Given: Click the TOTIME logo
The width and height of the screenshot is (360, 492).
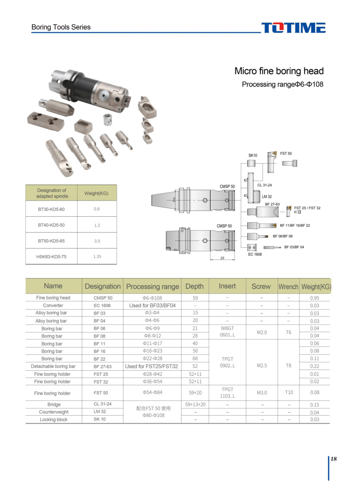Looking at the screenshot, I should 293,28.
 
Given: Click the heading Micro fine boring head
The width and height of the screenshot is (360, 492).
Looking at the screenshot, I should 279,71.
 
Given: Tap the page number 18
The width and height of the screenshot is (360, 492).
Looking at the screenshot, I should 334,459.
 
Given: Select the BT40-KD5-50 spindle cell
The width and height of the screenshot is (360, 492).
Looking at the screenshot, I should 51,225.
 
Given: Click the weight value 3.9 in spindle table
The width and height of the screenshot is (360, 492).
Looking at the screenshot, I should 97,241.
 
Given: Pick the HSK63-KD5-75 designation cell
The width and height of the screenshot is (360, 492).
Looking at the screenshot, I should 52,257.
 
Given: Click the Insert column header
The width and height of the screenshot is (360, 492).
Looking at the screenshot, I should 227,286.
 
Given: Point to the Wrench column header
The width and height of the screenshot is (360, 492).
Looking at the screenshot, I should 288,287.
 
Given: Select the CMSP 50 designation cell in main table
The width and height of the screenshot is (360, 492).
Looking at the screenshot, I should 103,298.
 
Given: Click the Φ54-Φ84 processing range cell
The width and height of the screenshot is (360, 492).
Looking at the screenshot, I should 152,392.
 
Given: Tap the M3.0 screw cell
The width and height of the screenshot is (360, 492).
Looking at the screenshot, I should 262,393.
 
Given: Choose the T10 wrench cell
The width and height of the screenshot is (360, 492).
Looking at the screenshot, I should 288,392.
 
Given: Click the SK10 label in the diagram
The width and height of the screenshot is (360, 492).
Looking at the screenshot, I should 253,156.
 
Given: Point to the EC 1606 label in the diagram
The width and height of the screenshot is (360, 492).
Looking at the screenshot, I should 255,254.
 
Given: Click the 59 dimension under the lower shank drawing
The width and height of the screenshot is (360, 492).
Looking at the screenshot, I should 222,259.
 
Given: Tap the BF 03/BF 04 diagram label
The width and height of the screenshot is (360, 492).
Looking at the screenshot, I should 294,247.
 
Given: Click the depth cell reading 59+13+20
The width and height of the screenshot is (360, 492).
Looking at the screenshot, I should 195,404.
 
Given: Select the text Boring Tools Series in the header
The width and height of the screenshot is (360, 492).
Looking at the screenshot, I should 61,27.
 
